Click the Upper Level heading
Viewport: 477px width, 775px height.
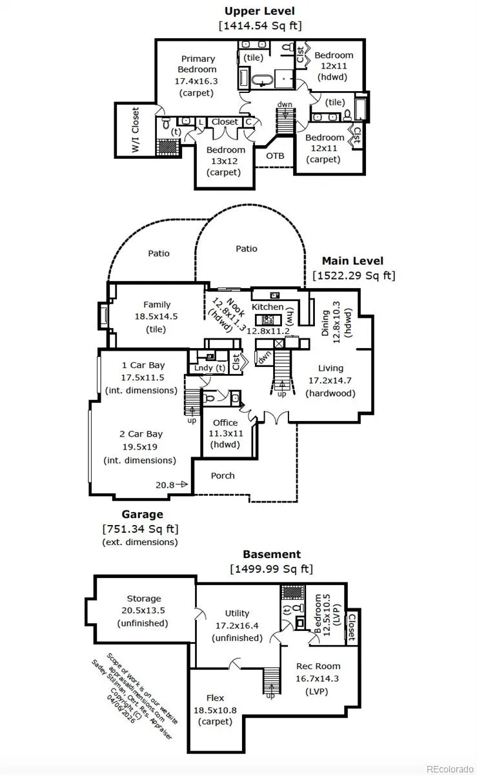(259, 11)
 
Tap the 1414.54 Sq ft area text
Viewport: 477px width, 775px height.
(259, 26)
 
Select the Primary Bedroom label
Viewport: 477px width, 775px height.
(198, 64)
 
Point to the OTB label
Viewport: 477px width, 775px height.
(275, 156)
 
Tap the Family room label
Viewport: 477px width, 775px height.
(157, 305)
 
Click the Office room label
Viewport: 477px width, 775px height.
(225, 423)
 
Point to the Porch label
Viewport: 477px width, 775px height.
(223, 476)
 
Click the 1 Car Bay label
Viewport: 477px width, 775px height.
(143, 366)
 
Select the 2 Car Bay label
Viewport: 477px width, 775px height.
(141, 434)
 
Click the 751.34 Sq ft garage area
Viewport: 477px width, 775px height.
(140, 529)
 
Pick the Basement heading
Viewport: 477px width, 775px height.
(271, 555)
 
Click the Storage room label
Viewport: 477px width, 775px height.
(143, 599)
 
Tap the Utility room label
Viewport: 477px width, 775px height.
(237, 614)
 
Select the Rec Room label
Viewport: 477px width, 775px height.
(318, 666)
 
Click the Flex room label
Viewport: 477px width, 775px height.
(215, 698)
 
